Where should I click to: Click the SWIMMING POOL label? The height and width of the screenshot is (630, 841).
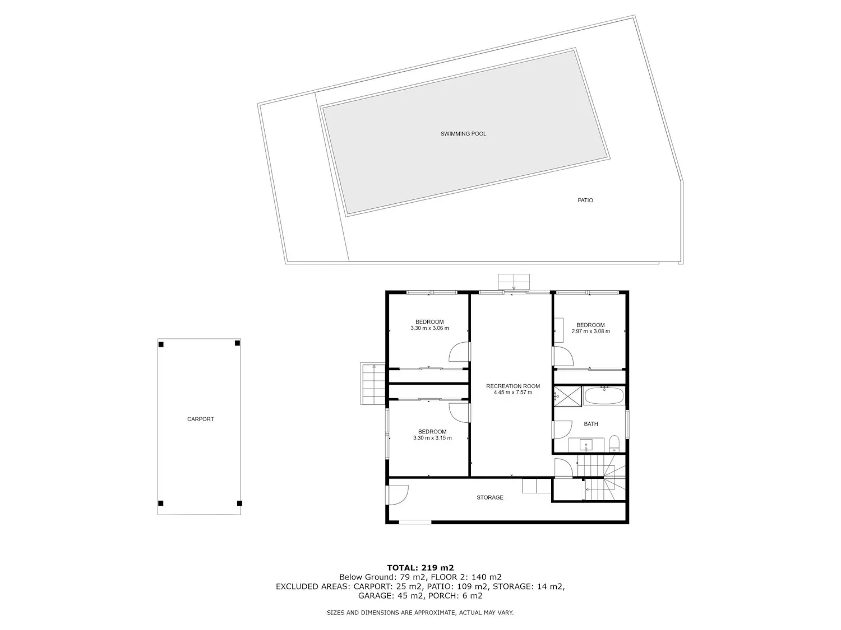click(463, 133)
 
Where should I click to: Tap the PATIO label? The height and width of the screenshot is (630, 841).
click(585, 200)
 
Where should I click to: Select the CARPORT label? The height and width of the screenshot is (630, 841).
click(200, 419)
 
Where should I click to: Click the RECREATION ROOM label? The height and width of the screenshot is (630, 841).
click(512, 386)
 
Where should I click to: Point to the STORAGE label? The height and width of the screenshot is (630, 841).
click(489, 497)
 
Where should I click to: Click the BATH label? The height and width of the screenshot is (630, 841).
click(591, 423)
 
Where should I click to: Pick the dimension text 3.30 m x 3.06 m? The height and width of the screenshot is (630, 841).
click(429, 328)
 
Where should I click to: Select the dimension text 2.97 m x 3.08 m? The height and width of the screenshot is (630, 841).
click(590, 331)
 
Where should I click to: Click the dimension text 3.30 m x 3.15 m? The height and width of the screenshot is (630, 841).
click(432, 437)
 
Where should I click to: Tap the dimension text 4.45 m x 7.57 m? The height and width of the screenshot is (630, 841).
click(512, 392)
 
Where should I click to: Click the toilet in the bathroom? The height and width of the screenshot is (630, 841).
click(614, 444)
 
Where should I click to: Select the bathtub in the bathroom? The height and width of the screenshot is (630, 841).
click(604, 395)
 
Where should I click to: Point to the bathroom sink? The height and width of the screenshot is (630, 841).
click(586, 445)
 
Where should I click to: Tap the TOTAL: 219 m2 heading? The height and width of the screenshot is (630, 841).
click(420, 568)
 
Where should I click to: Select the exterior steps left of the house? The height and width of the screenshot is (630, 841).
click(372, 383)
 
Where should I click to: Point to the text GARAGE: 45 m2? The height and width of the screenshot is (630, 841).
click(391, 596)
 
